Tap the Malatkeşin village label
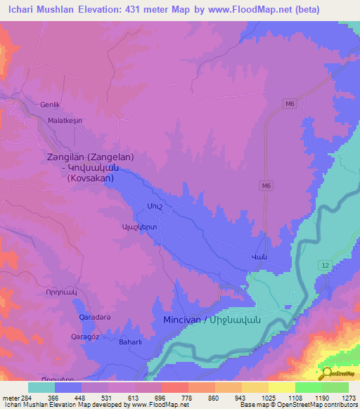[65, 121]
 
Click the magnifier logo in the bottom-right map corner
[326, 372]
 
